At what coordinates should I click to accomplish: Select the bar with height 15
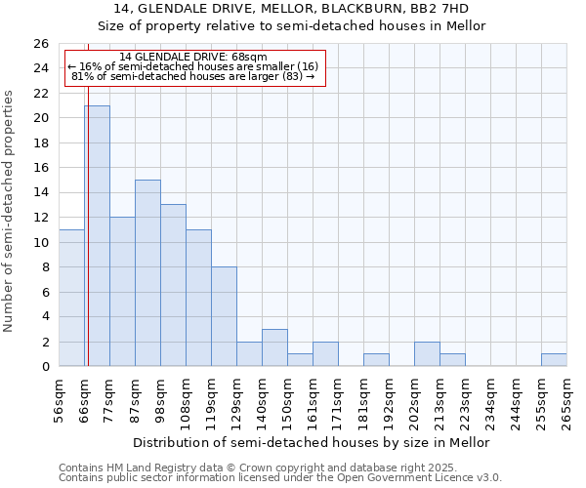coord(147,273)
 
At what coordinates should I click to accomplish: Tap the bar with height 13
coord(173,285)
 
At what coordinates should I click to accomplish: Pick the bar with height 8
coord(224,316)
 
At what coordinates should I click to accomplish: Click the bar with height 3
coord(274,347)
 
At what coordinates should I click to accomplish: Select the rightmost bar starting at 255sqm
coord(554,360)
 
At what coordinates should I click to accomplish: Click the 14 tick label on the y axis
coord(40,193)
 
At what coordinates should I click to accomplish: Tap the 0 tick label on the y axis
coord(44,367)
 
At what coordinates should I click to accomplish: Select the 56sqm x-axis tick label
coord(60,400)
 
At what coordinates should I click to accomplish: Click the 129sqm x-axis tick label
coord(237,400)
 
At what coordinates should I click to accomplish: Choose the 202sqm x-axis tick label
coord(415,400)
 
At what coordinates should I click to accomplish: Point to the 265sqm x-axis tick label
coord(567,400)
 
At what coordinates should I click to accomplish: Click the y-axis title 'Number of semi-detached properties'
coord(10,211)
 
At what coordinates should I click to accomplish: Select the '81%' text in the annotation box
coord(82,76)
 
